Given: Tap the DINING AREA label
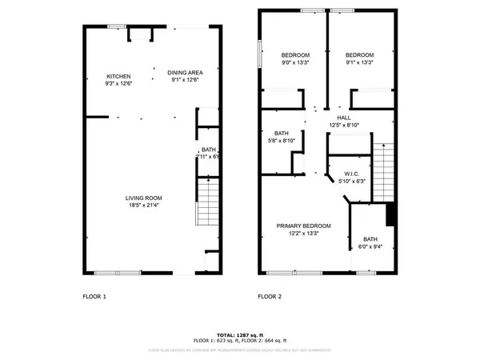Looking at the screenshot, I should pos(185,72).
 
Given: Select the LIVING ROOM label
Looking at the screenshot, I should pos(144,198).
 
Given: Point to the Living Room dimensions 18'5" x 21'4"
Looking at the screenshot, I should pos(144,205).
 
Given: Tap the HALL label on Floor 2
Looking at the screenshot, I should pos(345,117).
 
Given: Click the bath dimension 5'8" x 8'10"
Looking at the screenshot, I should pos(281,141).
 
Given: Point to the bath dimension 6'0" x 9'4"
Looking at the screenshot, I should pos(370,246).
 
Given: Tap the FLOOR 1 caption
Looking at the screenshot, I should pos(94,297).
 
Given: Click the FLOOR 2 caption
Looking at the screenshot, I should pos(269,297).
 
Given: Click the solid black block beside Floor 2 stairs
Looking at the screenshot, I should pos(391,214).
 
